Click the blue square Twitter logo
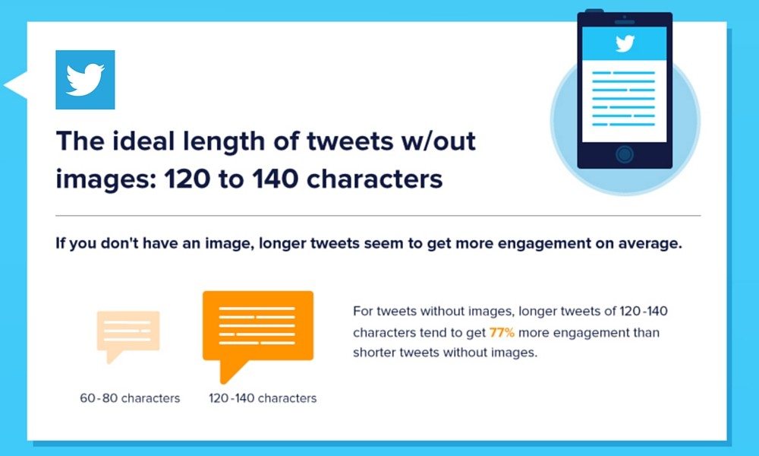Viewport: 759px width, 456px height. point(85,80)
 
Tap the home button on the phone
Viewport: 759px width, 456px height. point(624,154)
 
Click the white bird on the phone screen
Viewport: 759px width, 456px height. point(624,44)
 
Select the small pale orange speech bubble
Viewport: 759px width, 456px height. point(128,333)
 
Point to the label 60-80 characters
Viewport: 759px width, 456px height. point(130,398)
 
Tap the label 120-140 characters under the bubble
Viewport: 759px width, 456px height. point(263,398)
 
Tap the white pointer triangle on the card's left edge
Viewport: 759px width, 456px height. point(16,85)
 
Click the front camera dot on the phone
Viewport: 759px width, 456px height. point(624,17)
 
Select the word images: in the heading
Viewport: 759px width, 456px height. point(97,180)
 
